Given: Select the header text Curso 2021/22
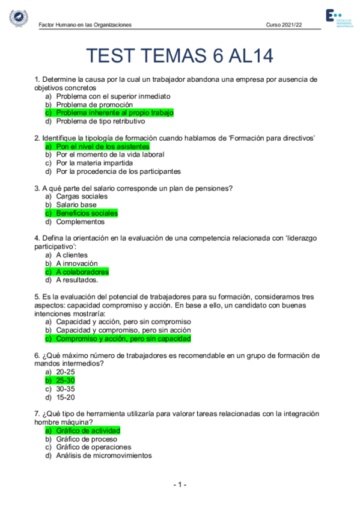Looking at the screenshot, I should pyautogui.click(x=284, y=25).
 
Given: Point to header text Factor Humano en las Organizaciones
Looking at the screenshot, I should pyautogui.click(x=85, y=25).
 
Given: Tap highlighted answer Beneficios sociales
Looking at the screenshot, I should pyautogui.click(x=87, y=213).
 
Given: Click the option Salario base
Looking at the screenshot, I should pyautogui.click(x=76, y=204).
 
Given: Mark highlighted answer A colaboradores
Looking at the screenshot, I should pyautogui.click(x=82, y=272).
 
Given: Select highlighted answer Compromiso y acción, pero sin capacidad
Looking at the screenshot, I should pyautogui.click(x=123, y=339).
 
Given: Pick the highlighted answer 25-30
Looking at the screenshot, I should pyautogui.click(x=65, y=381).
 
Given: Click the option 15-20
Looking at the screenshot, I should pyautogui.click(x=65, y=397).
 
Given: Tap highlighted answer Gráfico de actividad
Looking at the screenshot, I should pyautogui.click(x=88, y=431).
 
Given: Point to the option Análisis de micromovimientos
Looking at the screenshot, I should pyautogui.click(x=104, y=456).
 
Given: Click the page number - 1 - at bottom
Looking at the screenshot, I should pyautogui.click(x=180, y=485).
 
